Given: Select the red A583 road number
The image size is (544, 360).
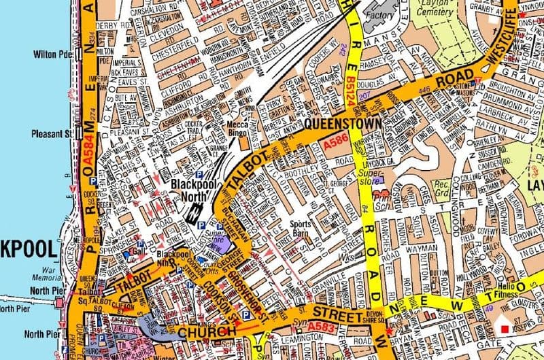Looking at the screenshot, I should point(313,327).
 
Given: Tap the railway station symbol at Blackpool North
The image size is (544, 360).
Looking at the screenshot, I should point(194,213).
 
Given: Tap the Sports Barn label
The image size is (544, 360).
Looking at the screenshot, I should point(301,228).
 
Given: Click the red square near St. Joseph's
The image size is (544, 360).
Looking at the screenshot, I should point(504,329).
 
